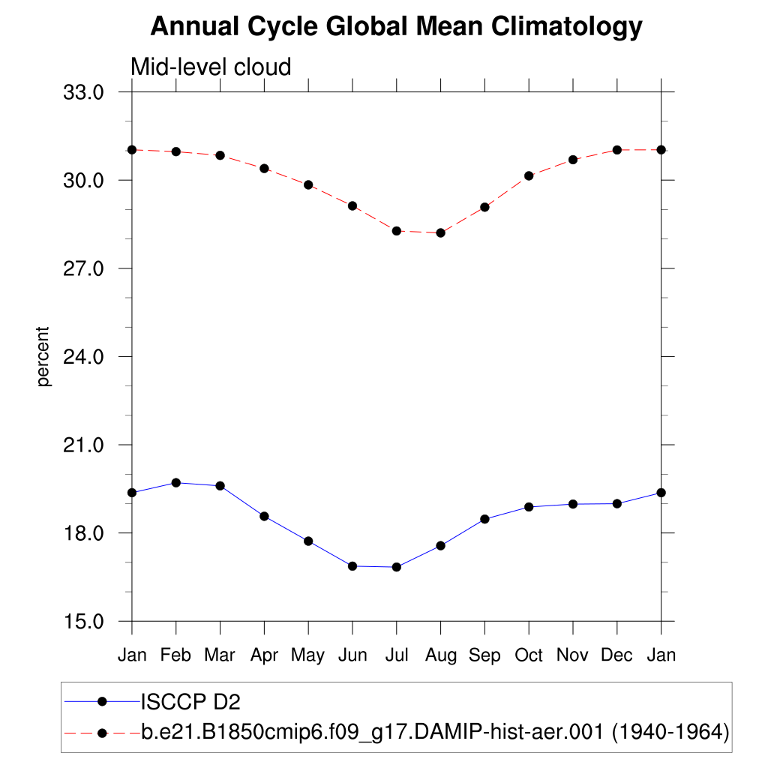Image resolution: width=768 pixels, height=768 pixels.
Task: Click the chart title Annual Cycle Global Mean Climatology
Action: tap(396, 27)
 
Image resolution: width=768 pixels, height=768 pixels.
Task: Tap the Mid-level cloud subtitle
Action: tap(211, 67)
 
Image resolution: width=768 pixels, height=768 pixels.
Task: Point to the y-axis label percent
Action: tap(44, 356)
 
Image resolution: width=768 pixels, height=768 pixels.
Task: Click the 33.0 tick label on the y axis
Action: tap(83, 92)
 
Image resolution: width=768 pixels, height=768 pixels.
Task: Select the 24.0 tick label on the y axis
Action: tap(83, 357)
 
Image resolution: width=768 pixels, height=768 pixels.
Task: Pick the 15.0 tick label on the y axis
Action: tap(83, 622)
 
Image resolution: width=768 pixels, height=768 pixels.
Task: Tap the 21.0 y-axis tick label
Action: tap(83, 445)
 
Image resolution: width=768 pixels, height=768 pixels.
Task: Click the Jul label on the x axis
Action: tap(396, 655)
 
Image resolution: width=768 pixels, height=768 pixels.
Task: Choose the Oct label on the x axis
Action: tap(529, 655)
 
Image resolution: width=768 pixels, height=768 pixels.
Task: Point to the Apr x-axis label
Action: tap(264, 655)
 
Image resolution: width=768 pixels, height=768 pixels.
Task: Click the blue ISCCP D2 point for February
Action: tap(176, 483)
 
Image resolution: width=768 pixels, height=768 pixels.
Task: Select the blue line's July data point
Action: tap(397, 567)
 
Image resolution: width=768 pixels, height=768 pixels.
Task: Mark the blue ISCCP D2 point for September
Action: tap(484, 519)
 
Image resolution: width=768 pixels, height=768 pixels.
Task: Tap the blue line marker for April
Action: tap(264, 516)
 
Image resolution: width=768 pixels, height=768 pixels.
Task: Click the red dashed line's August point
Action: tap(440, 233)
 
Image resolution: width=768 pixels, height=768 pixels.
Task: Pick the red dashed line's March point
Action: tap(220, 155)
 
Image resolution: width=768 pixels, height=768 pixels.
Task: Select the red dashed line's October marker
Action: tap(529, 175)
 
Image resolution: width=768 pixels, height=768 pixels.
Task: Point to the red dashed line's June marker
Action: tap(352, 205)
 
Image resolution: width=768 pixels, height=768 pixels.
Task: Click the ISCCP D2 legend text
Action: tap(190, 702)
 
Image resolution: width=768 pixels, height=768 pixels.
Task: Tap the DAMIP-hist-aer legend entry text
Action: tap(435, 731)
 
